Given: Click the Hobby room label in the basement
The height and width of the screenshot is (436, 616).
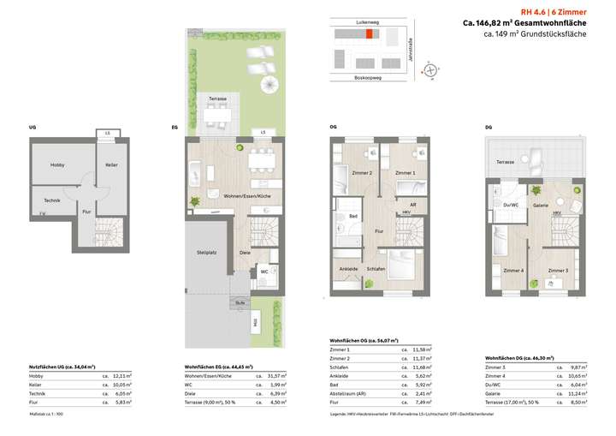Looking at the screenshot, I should pos(57,165).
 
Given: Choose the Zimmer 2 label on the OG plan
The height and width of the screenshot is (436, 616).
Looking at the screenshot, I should pos(363,173).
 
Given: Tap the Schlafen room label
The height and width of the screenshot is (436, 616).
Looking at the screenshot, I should pos(376,268).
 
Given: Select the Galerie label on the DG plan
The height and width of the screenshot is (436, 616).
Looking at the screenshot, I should pos(541,206).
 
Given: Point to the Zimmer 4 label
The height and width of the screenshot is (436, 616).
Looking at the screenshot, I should pos(512,271).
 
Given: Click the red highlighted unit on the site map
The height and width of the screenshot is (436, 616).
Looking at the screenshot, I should pos(370,36).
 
